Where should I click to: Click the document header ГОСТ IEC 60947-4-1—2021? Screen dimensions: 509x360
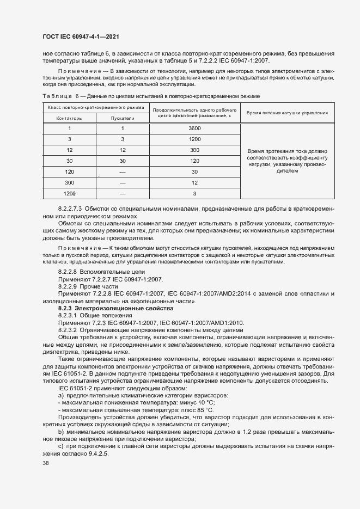81,36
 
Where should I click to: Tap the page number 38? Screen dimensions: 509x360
46,463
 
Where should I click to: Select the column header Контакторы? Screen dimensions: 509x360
69,118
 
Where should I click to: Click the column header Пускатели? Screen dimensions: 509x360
123,118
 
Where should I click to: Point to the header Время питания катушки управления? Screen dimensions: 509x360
287,113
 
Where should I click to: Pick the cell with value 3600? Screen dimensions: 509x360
194,128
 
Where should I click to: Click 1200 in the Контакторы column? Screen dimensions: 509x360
69,193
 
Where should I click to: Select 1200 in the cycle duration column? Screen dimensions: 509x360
194,139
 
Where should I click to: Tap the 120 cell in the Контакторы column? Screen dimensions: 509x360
69,171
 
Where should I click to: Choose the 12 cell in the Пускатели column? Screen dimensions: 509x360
123,150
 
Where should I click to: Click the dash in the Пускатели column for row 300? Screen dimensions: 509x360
123,182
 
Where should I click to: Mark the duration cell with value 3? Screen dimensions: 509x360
194,193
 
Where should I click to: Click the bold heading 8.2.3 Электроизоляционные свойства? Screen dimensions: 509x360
101,309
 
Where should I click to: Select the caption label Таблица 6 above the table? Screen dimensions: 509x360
61,96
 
